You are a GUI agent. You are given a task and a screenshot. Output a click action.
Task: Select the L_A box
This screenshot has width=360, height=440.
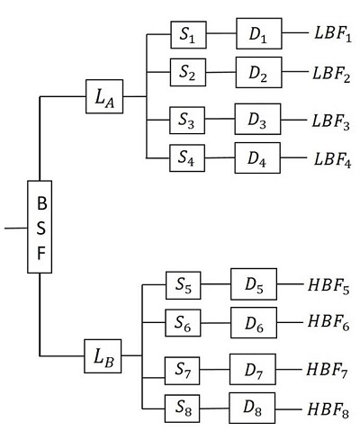click(x=103, y=96)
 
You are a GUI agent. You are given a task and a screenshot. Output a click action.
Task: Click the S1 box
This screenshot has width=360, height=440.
click(x=189, y=37)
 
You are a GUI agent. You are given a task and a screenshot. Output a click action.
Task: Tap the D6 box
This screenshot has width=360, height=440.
click(x=253, y=320)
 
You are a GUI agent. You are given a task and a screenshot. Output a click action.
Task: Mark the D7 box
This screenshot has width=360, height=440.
click(x=253, y=369)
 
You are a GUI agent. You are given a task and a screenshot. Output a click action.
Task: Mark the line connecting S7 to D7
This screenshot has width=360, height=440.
click(x=217, y=369)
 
